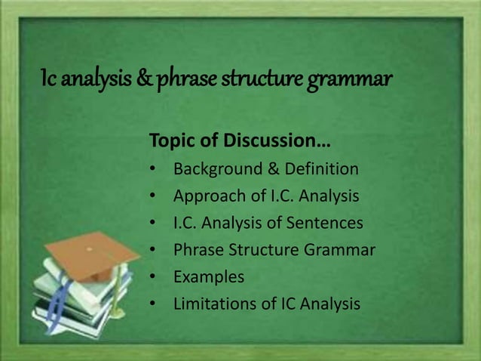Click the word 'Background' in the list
point(214,168)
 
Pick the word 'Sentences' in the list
point(326,223)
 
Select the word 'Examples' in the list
point(209,277)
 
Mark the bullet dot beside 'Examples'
point(152,277)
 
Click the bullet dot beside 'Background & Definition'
point(152,169)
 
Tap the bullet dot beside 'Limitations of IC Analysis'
point(152,304)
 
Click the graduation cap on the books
point(92,249)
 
